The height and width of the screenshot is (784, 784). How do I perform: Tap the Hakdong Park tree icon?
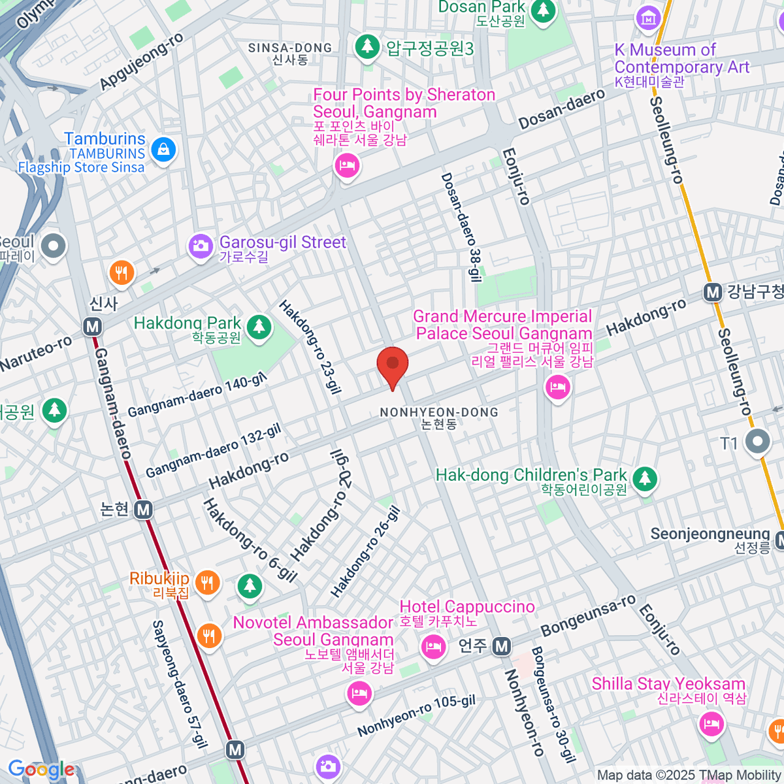tap(259, 326)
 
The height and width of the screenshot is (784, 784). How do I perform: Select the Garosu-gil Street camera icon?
tap(201, 246)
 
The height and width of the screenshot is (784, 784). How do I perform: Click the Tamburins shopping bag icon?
tap(163, 150)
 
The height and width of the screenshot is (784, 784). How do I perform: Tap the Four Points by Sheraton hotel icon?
tap(347, 165)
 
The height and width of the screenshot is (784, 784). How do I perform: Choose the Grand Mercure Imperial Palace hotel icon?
tap(557, 388)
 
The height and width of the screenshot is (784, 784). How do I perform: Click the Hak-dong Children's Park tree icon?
tap(645, 478)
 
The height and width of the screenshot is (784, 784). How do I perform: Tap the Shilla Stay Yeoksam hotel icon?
tap(710, 724)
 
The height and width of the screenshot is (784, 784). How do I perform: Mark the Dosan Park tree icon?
tap(542, 10)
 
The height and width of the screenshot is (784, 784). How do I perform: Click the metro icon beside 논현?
tap(143, 510)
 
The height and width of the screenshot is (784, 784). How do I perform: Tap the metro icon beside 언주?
tap(501, 647)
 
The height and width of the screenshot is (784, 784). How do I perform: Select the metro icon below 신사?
tap(93, 327)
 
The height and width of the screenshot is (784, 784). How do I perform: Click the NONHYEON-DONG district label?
tap(439, 412)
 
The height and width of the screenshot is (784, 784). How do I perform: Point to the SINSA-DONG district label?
tap(290, 48)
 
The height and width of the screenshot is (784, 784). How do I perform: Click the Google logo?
tap(41, 770)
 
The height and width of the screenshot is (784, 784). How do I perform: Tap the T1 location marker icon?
tap(758, 442)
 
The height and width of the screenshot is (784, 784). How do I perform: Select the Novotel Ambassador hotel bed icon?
tap(359, 693)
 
